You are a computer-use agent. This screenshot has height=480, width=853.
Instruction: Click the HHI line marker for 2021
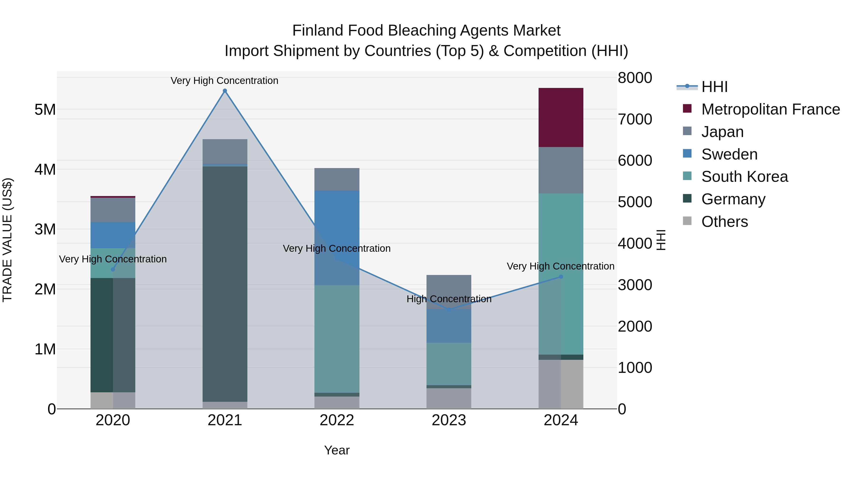(x=225, y=91)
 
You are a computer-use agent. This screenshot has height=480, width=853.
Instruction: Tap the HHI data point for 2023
(x=449, y=309)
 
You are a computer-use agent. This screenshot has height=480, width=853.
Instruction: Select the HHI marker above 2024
(x=561, y=277)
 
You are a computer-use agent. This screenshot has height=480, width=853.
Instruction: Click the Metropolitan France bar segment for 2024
(x=561, y=118)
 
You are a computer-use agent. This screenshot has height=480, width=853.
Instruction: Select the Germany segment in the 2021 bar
(x=225, y=284)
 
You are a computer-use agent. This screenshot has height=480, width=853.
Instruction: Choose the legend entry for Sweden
(x=729, y=154)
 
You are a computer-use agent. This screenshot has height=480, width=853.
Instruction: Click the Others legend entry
(x=725, y=221)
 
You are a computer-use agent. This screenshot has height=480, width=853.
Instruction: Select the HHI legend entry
(x=714, y=87)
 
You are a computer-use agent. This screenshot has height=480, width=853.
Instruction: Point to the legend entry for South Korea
(x=744, y=177)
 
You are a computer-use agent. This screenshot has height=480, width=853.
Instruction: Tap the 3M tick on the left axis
(x=45, y=229)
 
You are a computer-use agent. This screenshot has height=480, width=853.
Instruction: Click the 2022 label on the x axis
(x=337, y=420)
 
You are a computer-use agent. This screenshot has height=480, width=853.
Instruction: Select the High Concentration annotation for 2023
(x=449, y=299)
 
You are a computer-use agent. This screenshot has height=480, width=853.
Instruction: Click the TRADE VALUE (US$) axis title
(x=7, y=240)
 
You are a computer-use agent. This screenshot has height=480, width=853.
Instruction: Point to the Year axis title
(x=337, y=450)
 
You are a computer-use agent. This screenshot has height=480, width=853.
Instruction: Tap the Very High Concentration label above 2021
(x=225, y=81)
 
